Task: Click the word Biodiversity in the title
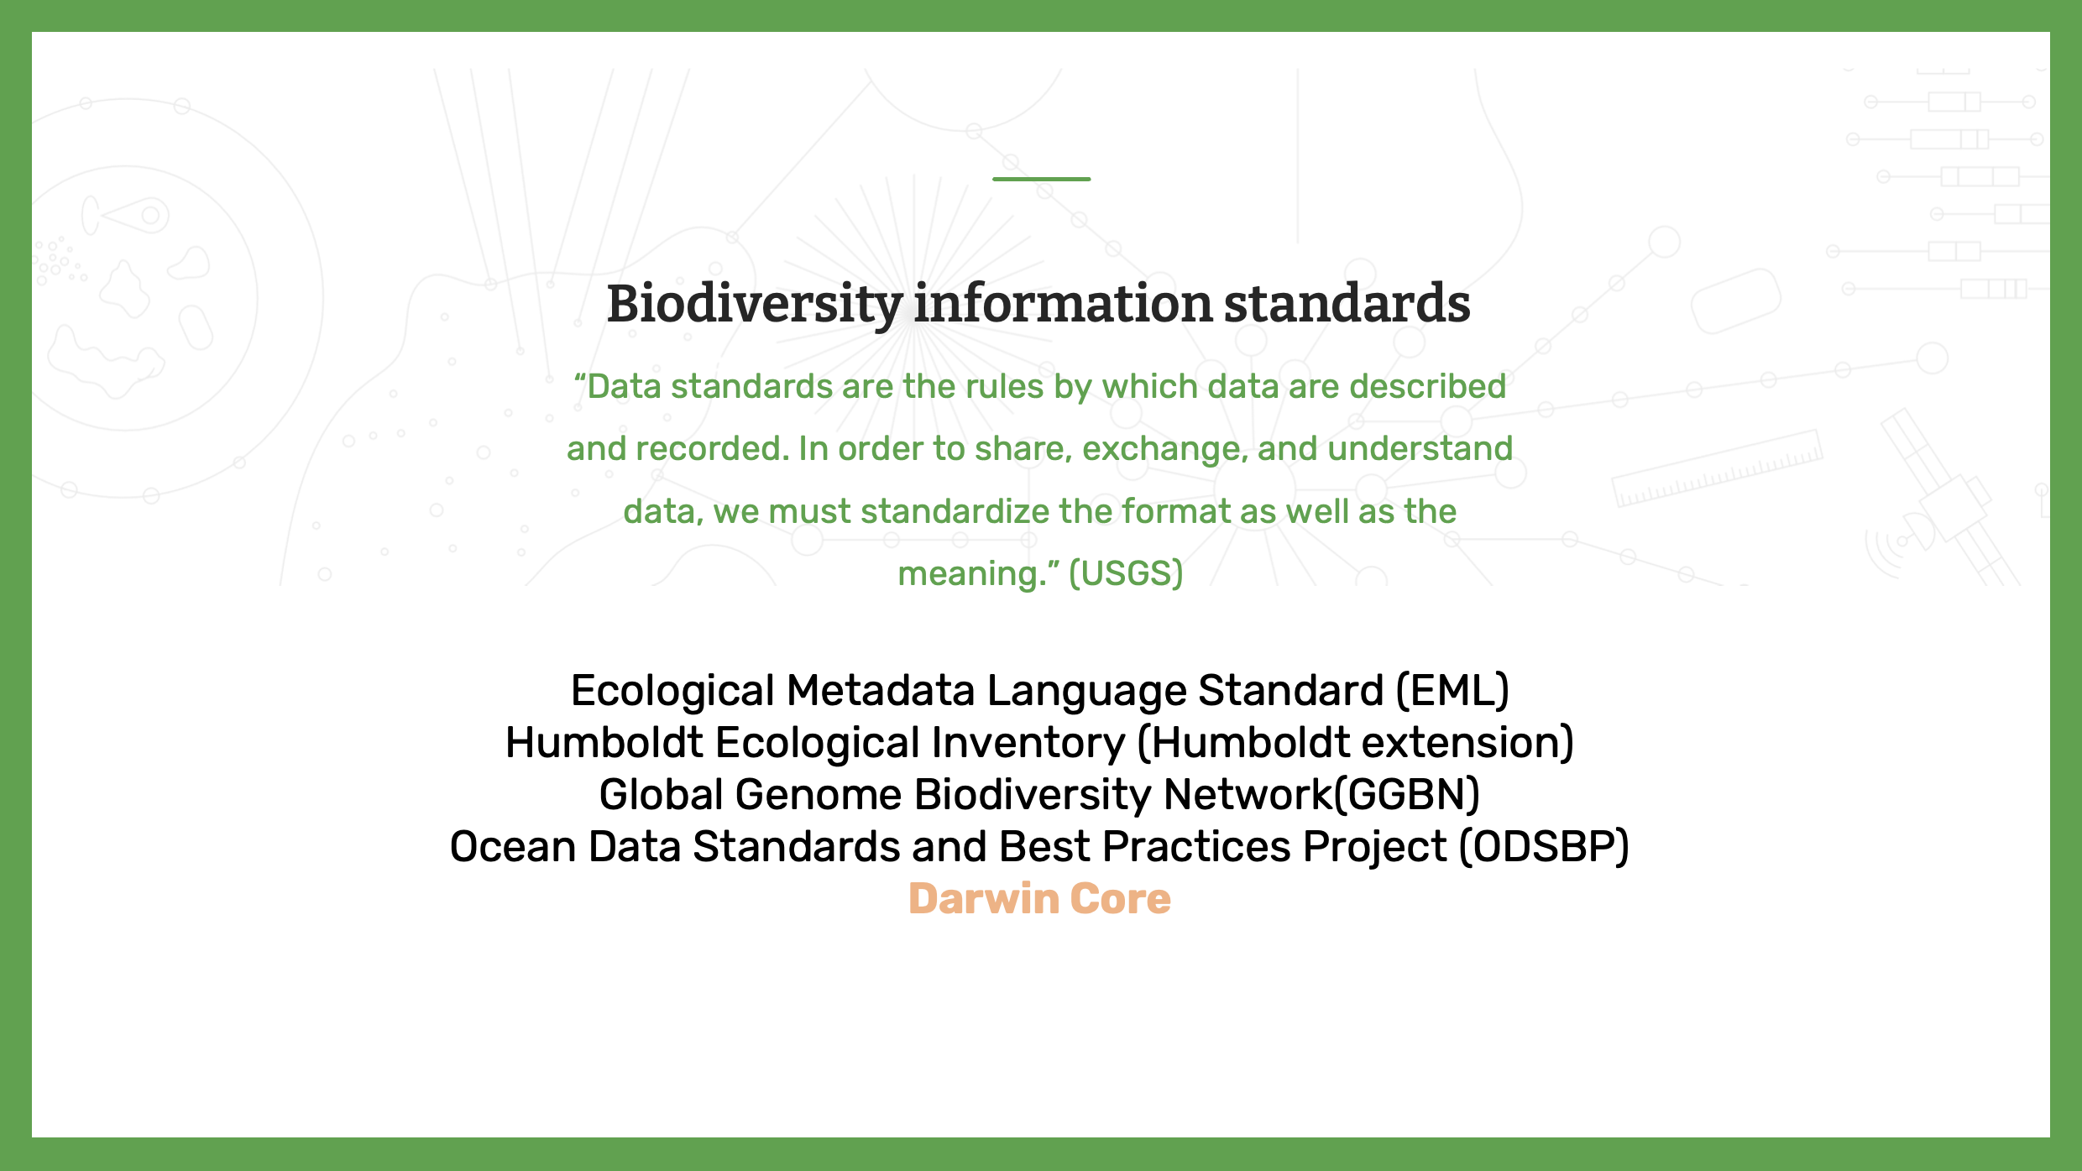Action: point(755,305)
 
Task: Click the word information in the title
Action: point(1063,303)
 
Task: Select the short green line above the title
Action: point(1041,179)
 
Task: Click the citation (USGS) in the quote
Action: point(1126,574)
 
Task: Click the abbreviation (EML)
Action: point(1452,691)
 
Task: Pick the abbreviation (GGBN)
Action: point(1407,795)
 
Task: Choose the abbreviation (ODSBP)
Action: point(1544,847)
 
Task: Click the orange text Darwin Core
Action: point(1039,899)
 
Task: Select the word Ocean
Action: point(513,847)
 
